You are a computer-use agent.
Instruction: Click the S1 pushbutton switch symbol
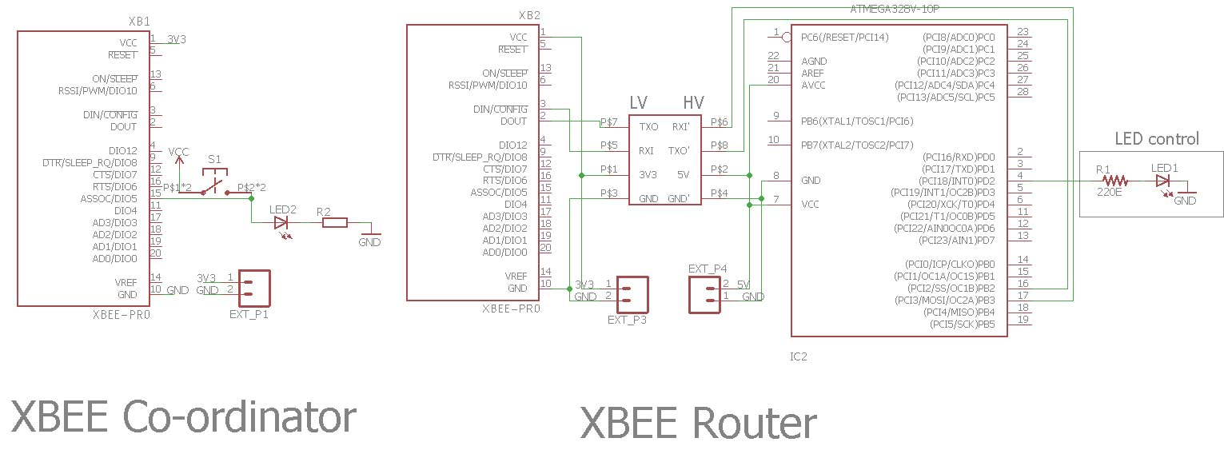214,182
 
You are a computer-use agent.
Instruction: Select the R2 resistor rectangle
334,222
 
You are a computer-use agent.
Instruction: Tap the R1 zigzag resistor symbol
1114,181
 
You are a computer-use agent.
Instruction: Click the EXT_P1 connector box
254,289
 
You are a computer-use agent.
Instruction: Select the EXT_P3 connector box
632,294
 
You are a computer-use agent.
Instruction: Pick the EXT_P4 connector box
704,295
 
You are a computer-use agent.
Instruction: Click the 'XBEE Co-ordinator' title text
184,416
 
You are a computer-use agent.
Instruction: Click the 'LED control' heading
1157,139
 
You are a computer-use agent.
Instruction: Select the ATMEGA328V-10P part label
895,9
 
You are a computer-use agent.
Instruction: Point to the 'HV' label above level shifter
693,102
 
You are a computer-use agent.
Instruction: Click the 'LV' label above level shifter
638,102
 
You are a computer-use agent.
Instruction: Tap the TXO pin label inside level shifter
648,127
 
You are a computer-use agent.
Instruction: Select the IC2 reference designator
799,356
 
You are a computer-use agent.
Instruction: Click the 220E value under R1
1109,193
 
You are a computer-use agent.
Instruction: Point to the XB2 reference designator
529,15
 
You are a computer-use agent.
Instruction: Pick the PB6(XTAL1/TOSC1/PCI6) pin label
857,121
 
